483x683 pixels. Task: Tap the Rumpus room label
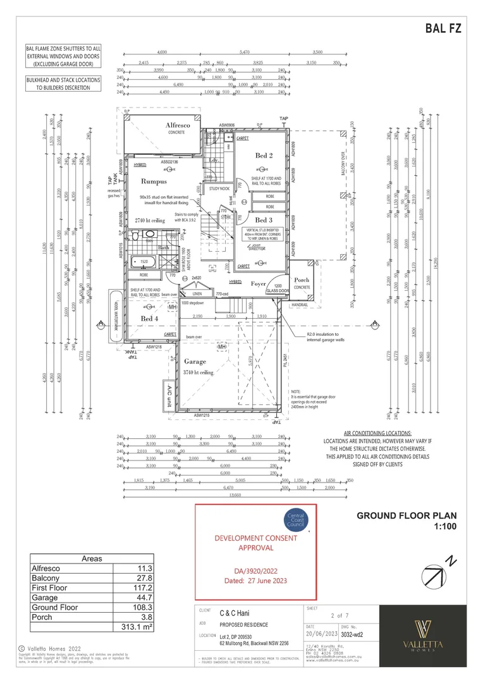[154, 181]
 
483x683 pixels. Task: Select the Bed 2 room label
[264, 156]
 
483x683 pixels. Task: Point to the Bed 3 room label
[264, 220]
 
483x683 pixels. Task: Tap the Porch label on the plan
[302, 280]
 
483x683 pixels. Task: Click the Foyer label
[258, 284]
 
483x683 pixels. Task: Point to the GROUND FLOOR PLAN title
[407, 516]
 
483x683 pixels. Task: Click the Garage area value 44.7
[145, 598]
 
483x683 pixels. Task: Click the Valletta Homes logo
[423, 635]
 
